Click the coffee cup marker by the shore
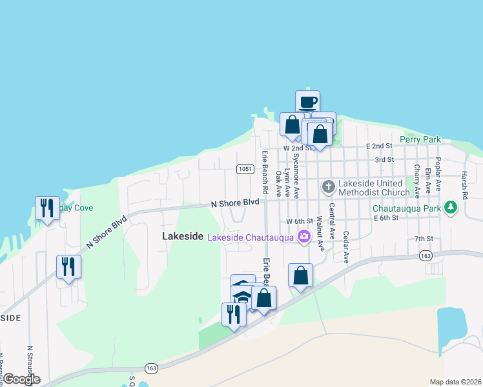click(308, 102)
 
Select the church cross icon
click(328, 187)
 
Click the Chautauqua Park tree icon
click(451, 208)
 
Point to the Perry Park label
click(420, 139)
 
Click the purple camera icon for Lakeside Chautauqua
click(302, 238)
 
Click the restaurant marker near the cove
click(47, 208)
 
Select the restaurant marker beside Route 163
click(234, 314)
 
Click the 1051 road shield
click(244, 169)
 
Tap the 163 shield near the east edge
click(425, 257)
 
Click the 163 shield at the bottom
click(152, 368)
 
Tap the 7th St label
click(423, 239)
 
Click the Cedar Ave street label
click(346, 248)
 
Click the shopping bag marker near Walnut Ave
click(300, 275)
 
